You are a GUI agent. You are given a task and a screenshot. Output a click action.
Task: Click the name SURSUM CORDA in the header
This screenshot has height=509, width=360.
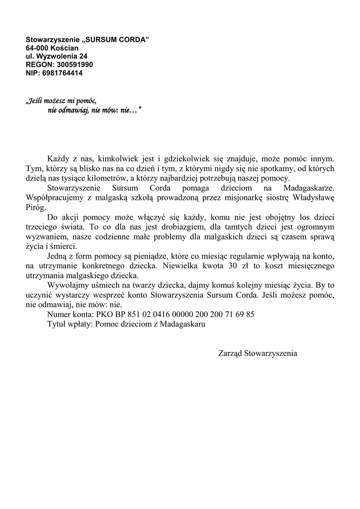click(118, 39)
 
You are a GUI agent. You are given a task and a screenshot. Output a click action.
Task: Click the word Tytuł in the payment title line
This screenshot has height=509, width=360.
click(57, 324)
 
